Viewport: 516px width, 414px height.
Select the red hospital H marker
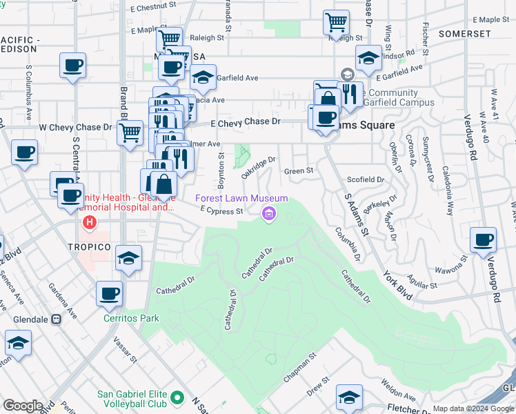[x=89, y=223]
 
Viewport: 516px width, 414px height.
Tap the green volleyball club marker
[x=178, y=398]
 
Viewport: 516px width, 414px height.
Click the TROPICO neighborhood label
[x=90, y=246]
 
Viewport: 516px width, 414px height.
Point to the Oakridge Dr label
[x=259, y=166]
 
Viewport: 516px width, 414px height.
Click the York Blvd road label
[x=397, y=277]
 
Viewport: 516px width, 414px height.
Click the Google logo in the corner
[x=23, y=406]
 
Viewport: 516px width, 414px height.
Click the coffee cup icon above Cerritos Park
[x=110, y=294]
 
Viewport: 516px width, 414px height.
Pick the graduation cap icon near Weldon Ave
[x=349, y=397]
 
